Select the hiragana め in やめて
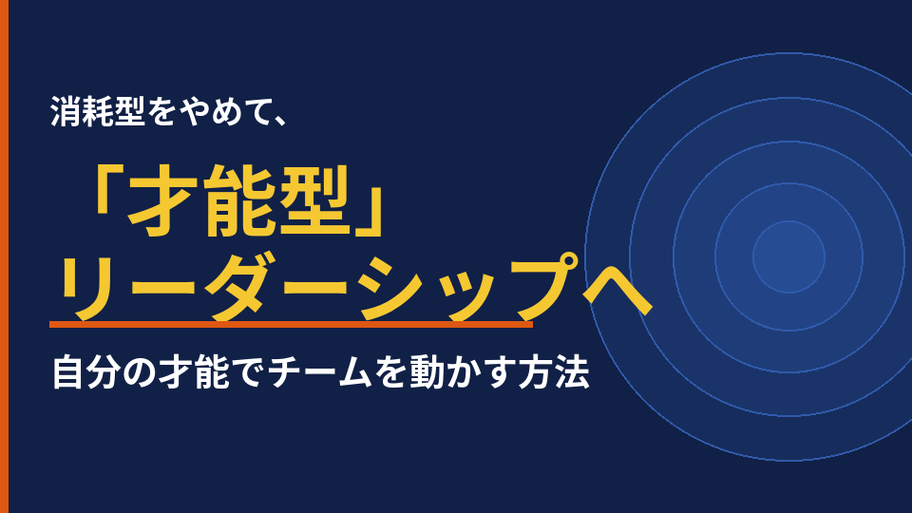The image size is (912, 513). tap(224, 112)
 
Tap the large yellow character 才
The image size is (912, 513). tap(161, 199)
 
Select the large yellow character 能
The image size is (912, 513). tap(239, 199)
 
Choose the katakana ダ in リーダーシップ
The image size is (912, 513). tap(243, 287)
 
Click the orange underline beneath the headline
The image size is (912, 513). tap(291, 325)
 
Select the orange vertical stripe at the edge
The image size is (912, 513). tap(4, 256)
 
